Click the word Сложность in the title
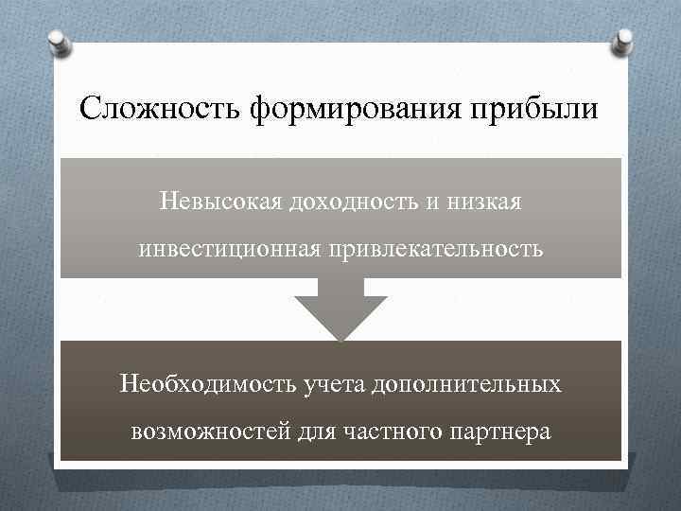(x=162, y=107)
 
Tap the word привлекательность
(x=437, y=250)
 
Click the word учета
(x=334, y=385)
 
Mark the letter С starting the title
(x=91, y=107)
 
